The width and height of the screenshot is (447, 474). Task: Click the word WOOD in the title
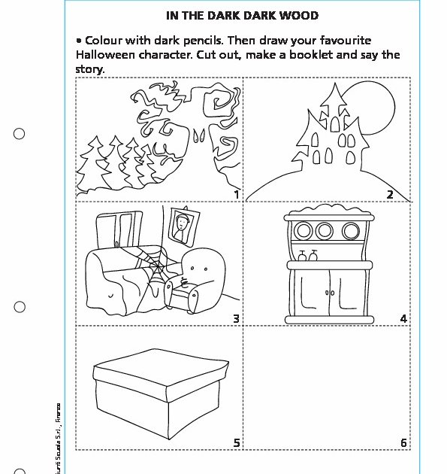click(301, 15)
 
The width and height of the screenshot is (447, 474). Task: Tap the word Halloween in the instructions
click(106, 55)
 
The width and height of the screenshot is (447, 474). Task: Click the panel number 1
click(236, 195)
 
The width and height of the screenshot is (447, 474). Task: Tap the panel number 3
click(236, 319)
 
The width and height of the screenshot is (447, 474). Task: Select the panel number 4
click(403, 319)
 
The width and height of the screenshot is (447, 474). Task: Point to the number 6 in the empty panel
click(403, 443)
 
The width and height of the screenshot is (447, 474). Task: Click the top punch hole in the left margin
click(20, 134)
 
